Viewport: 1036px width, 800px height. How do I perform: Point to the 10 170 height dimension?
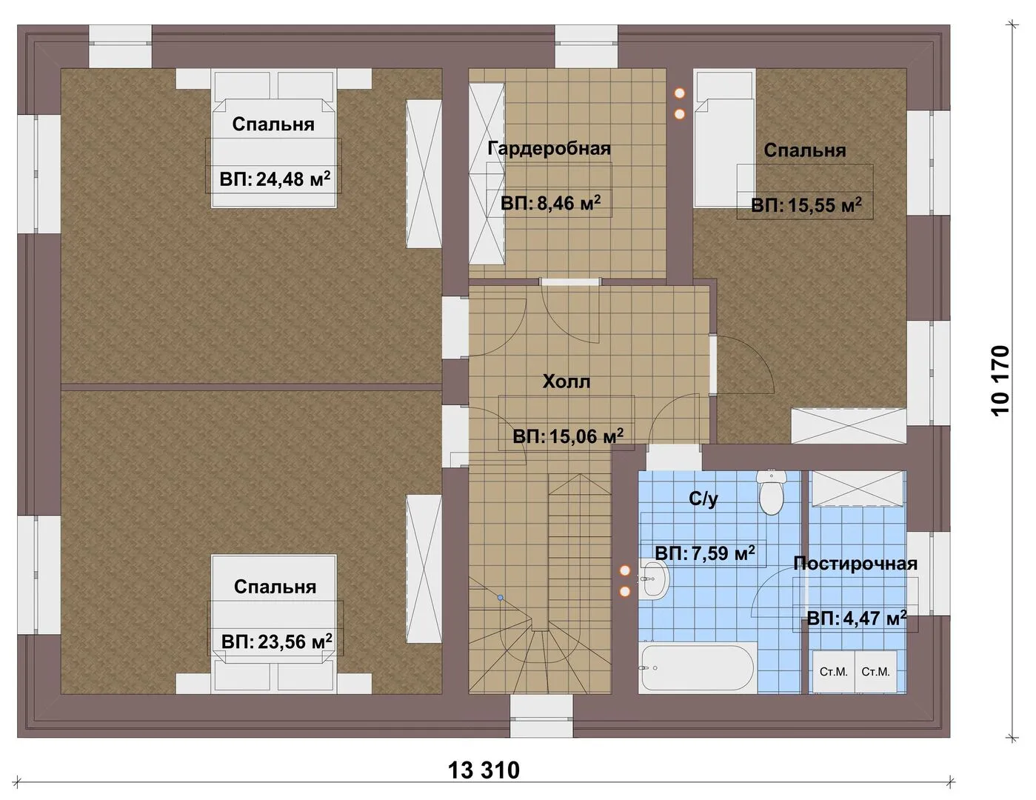coord(1000,381)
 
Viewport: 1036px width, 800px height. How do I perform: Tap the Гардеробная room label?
coord(549,148)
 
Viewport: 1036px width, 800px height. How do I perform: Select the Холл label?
coord(567,381)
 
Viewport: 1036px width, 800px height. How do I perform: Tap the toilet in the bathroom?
coord(771,493)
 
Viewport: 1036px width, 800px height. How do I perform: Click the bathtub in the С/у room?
coord(698,667)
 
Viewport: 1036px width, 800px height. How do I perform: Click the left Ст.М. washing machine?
coord(834,671)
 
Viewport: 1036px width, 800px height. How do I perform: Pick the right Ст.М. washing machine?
coord(876,671)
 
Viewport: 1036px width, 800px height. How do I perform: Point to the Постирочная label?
coord(855,564)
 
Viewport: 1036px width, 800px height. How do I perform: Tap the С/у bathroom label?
coord(704,499)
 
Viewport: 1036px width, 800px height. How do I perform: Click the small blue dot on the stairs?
coord(500,597)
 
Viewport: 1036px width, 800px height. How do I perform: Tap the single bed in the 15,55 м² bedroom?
coord(723,139)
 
